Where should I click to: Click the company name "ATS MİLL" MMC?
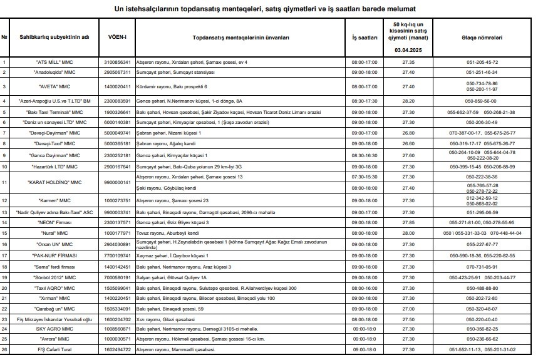(56, 63)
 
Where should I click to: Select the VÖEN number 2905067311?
(117, 72)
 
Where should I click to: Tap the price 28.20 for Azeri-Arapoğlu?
(408, 100)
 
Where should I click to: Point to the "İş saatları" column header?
(365, 37)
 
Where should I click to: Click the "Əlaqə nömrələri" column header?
(482, 37)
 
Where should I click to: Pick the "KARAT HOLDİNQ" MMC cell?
(56, 182)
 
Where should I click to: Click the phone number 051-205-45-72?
(482, 63)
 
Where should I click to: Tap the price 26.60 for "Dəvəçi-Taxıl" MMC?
(408, 143)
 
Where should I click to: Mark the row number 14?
(5, 222)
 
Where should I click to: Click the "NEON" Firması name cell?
(56, 222)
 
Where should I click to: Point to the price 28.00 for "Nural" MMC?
(408, 232)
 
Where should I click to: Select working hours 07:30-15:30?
(365, 177)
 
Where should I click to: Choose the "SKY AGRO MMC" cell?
(56, 328)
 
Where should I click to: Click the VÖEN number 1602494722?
(117, 349)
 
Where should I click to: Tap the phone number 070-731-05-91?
(482, 266)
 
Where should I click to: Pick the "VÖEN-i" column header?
(117, 37)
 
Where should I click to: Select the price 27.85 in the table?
(408, 222)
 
